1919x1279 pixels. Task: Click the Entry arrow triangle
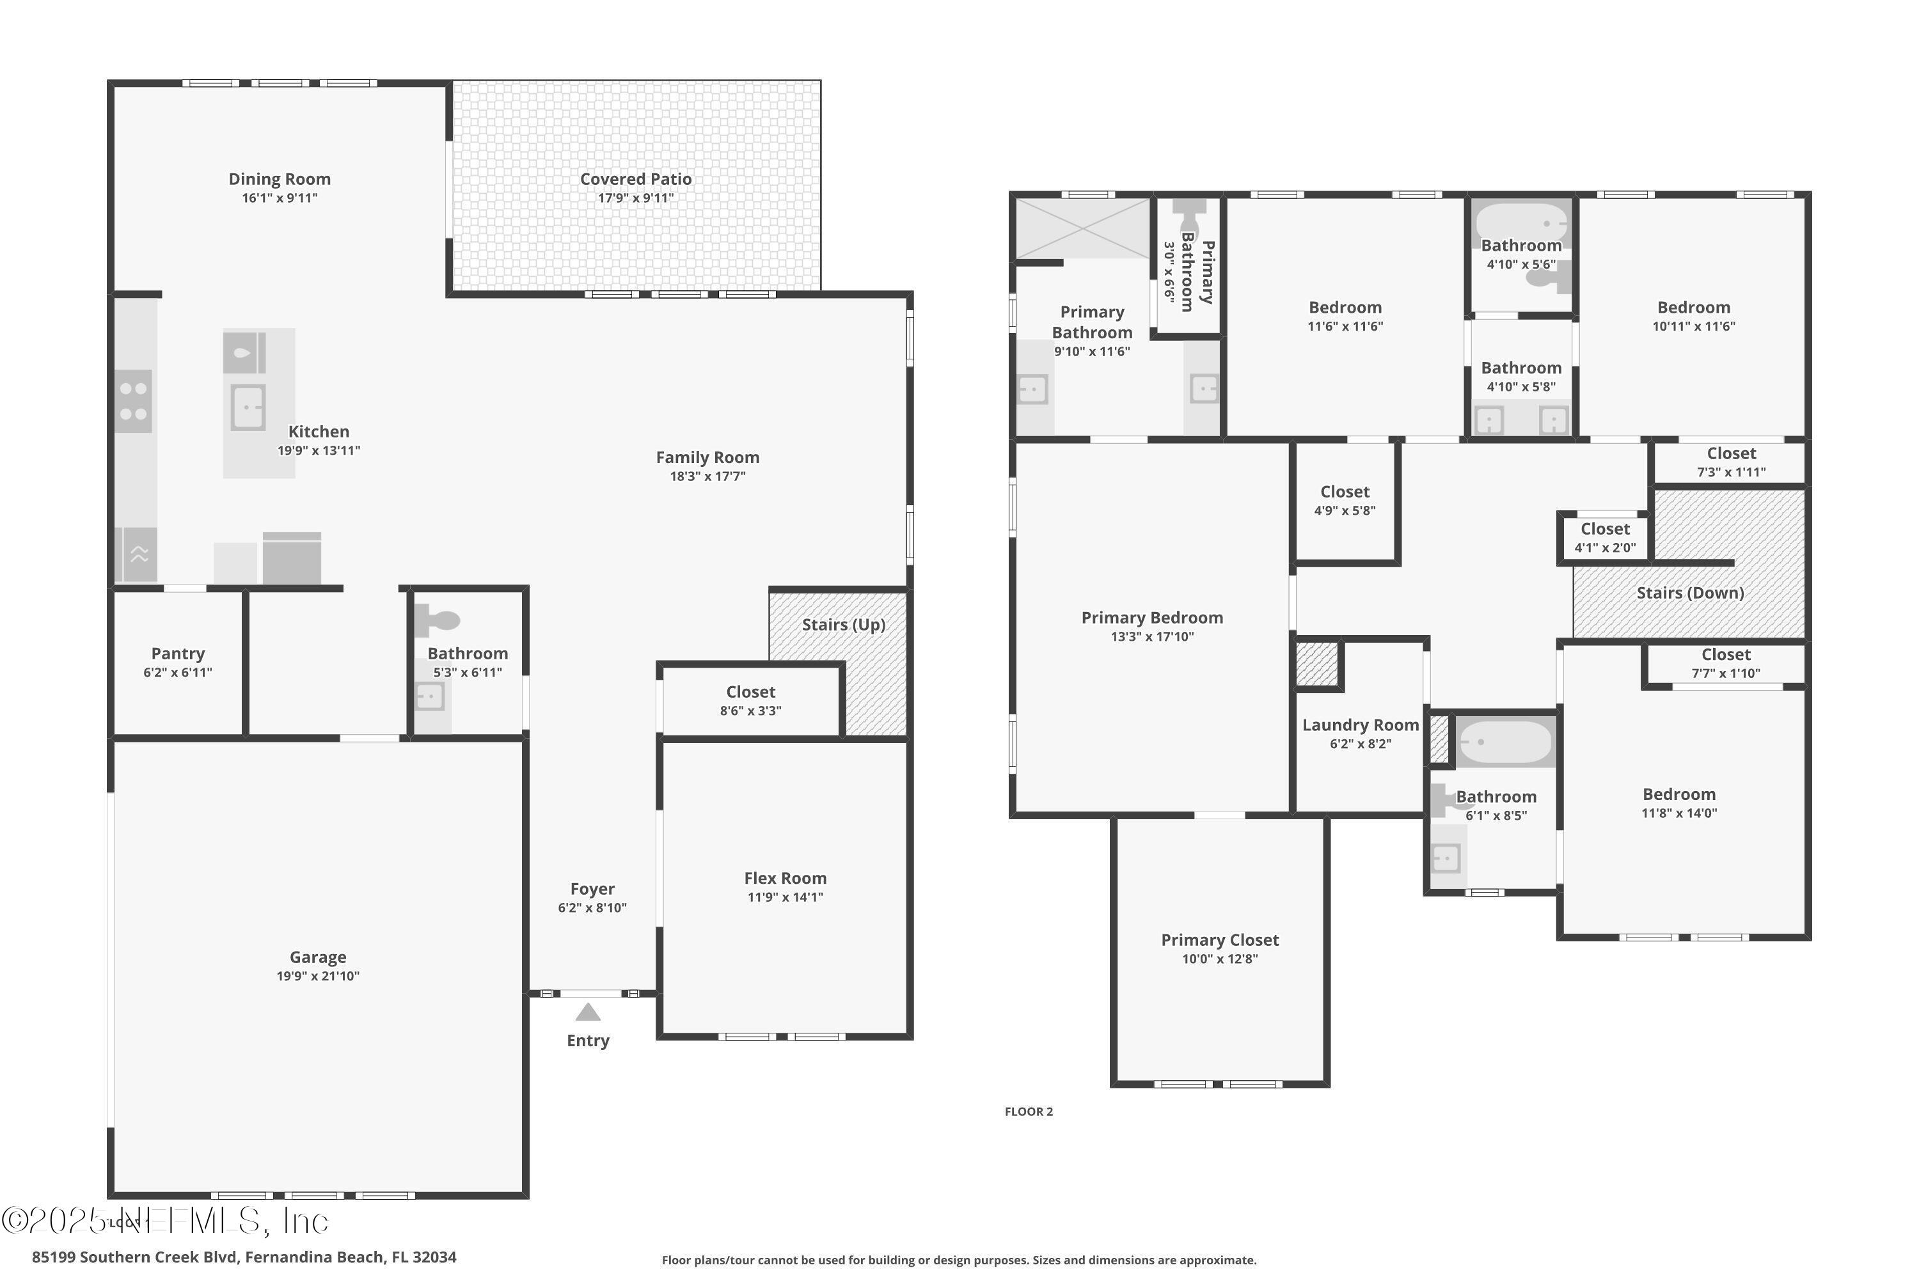point(587,1012)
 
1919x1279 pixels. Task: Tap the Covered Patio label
point(636,178)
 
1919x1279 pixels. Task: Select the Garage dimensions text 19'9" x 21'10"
point(317,976)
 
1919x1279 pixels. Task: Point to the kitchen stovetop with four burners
point(133,402)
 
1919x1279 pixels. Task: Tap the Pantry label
point(178,654)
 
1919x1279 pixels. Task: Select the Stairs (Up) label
point(843,625)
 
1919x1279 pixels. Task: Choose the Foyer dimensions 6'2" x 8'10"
point(592,908)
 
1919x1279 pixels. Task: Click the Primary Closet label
point(1220,939)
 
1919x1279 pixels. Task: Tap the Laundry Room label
point(1360,725)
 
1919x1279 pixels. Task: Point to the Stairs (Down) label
point(1690,593)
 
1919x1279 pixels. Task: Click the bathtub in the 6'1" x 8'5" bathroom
point(1504,741)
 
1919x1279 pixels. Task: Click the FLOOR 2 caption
point(1028,1112)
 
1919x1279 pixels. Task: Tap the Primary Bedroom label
point(1151,618)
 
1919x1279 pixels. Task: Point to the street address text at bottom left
point(244,1257)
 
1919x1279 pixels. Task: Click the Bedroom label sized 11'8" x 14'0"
point(1678,794)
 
